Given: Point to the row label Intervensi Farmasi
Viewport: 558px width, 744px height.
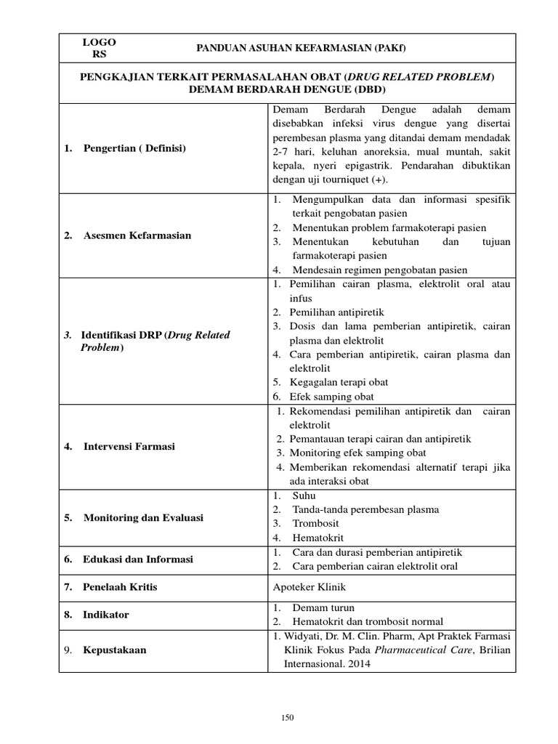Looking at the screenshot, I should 129,446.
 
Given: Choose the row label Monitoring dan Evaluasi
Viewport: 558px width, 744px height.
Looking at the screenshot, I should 143,518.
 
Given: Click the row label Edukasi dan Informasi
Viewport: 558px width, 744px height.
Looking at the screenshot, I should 137,559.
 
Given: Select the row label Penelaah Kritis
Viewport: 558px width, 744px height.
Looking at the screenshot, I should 120,586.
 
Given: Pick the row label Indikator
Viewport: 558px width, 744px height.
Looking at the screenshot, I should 106,614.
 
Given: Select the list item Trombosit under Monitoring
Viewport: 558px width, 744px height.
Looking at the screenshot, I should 316,523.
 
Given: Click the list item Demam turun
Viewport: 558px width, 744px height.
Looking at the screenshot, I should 324,607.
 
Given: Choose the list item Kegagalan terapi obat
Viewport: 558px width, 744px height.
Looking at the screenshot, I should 338,382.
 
